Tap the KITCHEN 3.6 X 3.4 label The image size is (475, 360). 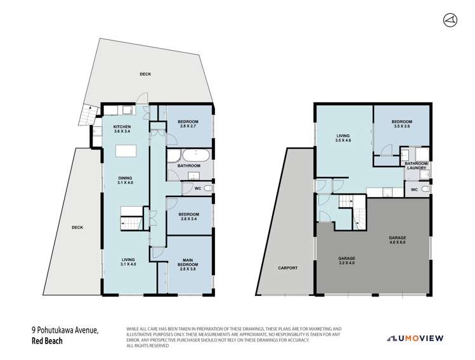pyautogui.click(x=121, y=129)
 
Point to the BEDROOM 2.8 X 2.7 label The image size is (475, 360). pyautogui.click(x=188, y=124)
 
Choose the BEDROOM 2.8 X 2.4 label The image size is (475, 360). pyautogui.click(x=188, y=217)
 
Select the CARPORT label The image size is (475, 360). pyautogui.click(x=288, y=268)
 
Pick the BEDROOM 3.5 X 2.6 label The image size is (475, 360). pyautogui.click(x=401, y=124)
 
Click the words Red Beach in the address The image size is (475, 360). pyautogui.click(x=49, y=341)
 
